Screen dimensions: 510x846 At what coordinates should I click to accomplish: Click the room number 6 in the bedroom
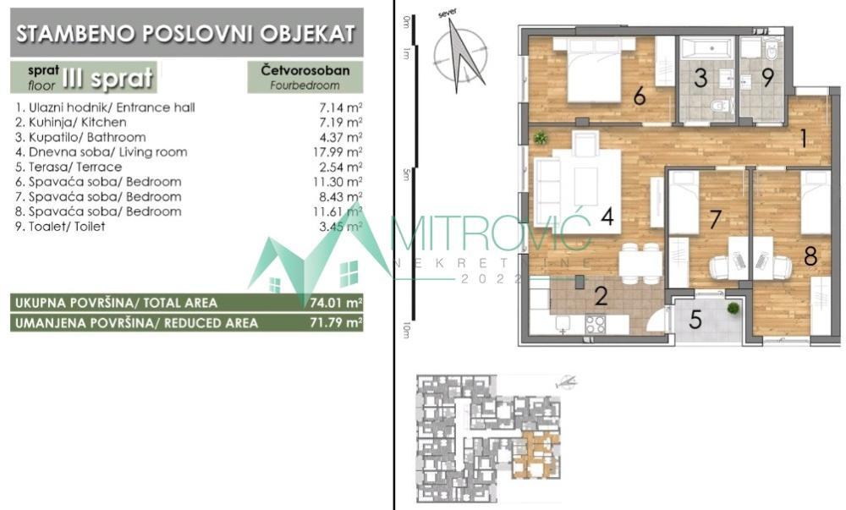coord(640,97)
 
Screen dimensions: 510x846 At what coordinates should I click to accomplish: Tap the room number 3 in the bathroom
coord(700,79)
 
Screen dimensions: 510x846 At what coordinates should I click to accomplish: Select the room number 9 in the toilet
coord(767,78)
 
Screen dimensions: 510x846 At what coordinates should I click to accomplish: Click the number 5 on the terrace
coord(695,321)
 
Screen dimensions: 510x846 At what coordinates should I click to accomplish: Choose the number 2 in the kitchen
coord(602,296)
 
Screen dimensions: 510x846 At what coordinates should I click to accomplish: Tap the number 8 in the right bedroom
coord(810,256)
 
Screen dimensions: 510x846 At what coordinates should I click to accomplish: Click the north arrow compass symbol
coord(459,58)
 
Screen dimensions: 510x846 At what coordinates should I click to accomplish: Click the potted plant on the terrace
coord(732,309)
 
